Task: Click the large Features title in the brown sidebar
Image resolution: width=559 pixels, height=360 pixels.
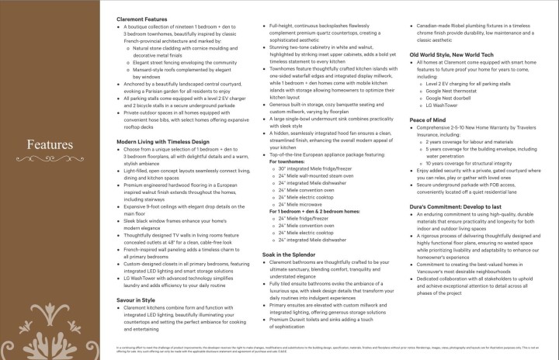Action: (50, 145)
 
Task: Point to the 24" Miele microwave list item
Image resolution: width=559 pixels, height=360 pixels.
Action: (304, 203)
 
